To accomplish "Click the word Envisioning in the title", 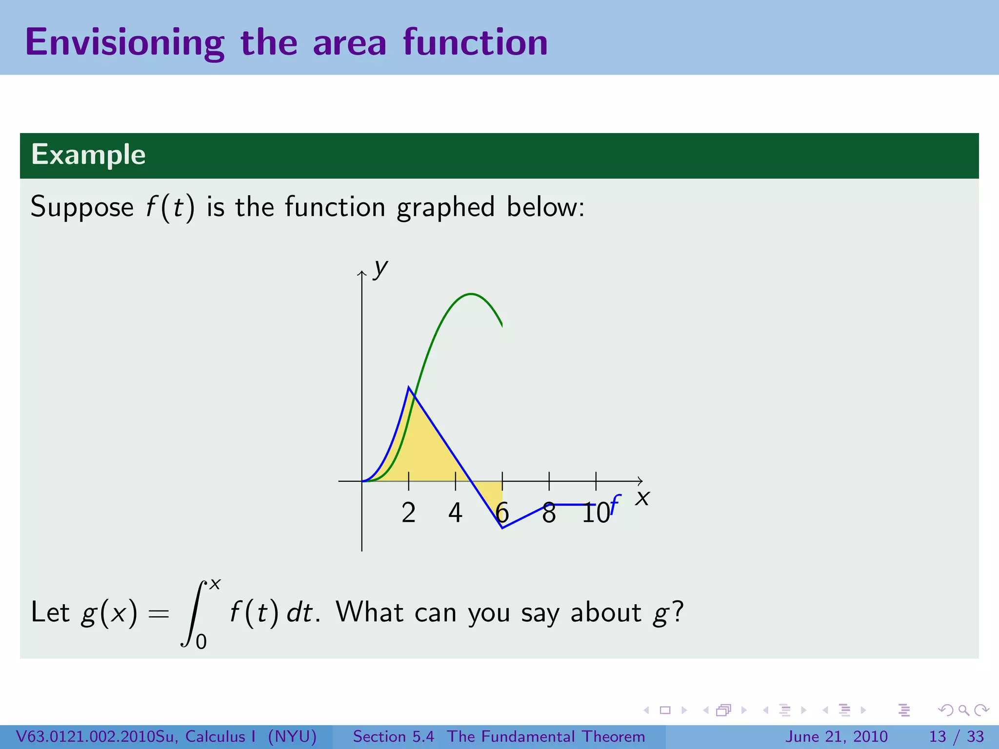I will pyautogui.click(x=124, y=43).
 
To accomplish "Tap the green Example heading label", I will pyautogui.click(x=88, y=155).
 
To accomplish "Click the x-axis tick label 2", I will pyautogui.click(x=408, y=513).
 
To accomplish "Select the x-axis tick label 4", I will pyautogui.click(x=455, y=513).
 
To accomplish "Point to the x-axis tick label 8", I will pyautogui.click(x=549, y=513).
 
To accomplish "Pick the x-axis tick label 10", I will pyautogui.click(x=596, y=513).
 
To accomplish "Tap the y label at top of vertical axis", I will pyautogui.click(x=380, y=269).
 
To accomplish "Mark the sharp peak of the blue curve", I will pyautogui.click(x=409, y=387).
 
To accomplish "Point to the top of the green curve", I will pyautogui.click(x=471, y=294).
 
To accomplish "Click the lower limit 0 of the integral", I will pyautogui.click(x=201, y=642).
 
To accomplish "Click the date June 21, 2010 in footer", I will pyautogui.click(x=836, y=736).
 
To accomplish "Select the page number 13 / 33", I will pyautogui.click(x=956, y=736).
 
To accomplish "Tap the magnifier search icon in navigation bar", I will pyautogui.click(x=963, y=710).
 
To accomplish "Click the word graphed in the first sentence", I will pyautogui.click(x=445, y=207).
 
